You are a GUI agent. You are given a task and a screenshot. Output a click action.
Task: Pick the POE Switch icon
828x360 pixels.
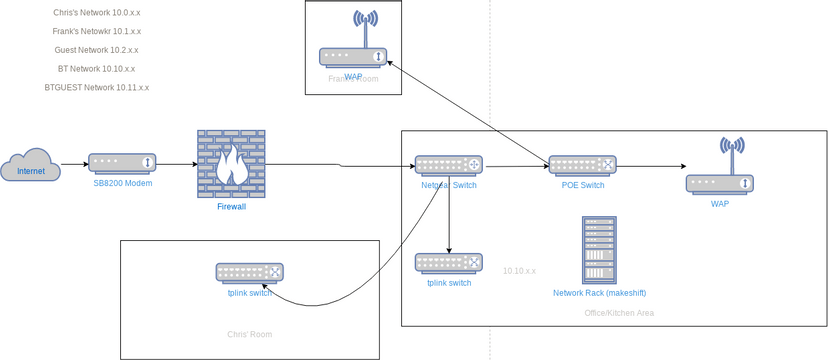(582, 165)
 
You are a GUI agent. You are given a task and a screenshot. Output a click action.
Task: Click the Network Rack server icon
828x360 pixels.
(599, 250)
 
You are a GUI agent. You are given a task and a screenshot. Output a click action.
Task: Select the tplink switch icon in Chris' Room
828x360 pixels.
(249, 272)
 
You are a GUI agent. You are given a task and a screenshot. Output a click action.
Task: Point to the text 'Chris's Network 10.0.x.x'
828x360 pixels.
(97, 13)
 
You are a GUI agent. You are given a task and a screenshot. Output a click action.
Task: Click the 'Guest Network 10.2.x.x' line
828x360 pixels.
(96, 50)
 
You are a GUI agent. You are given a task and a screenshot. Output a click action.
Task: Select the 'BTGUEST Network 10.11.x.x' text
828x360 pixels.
(97, 88)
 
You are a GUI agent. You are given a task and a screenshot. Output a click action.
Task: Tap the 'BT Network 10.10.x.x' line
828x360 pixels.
(96, 69)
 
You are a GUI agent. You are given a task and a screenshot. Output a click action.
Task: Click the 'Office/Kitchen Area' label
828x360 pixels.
(619, 313)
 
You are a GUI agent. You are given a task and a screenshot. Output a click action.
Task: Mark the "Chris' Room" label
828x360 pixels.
(250, 335)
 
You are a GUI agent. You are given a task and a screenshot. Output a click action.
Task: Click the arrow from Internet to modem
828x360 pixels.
(74, 164)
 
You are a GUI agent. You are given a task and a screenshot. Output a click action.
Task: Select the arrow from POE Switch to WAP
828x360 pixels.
(650, 165)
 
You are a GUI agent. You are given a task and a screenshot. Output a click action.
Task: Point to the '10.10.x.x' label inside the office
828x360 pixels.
(519, 271)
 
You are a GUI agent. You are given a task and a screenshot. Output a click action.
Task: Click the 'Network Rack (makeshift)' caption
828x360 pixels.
(599, 293)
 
